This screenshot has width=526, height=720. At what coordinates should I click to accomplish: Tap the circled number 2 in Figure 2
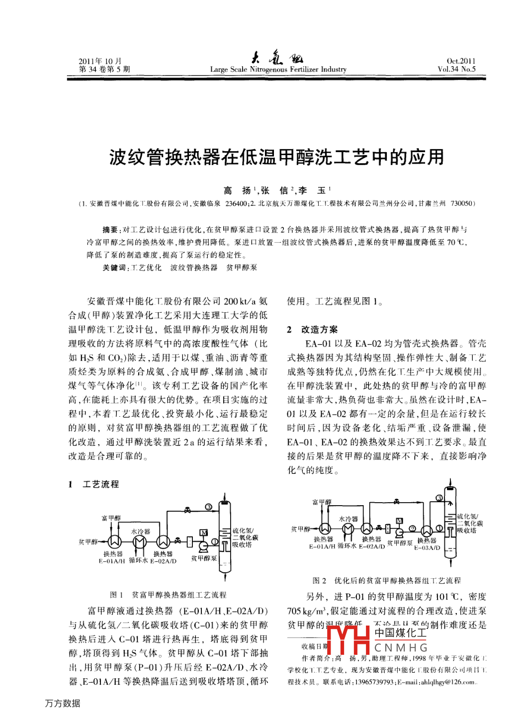[x=412, y=528]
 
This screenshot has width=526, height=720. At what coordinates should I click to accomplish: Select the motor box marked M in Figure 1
[x=203, y=533]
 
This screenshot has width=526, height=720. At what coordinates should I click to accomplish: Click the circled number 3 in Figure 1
[x=209, y=507]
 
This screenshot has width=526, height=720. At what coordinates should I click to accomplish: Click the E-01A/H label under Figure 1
[x=112, y=561]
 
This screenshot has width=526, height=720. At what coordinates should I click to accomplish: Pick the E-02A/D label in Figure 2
[x=372, y=546]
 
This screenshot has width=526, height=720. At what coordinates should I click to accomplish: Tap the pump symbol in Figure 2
[x=399, y=532]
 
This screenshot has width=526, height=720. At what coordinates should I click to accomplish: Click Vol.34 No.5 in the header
[x=456, y=70]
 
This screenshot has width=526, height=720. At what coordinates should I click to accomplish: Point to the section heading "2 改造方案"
[x=312, y=330]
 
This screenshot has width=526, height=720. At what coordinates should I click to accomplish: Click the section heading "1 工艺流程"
[x=94, y=484]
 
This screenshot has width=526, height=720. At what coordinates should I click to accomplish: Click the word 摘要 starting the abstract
[x=110, y=230]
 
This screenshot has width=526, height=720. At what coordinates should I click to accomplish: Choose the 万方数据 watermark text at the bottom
[x=63, y=703]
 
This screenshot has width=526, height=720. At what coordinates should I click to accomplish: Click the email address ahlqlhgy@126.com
[x=449, y=682]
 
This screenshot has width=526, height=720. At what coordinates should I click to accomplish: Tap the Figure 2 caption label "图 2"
[x=319, y=580]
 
